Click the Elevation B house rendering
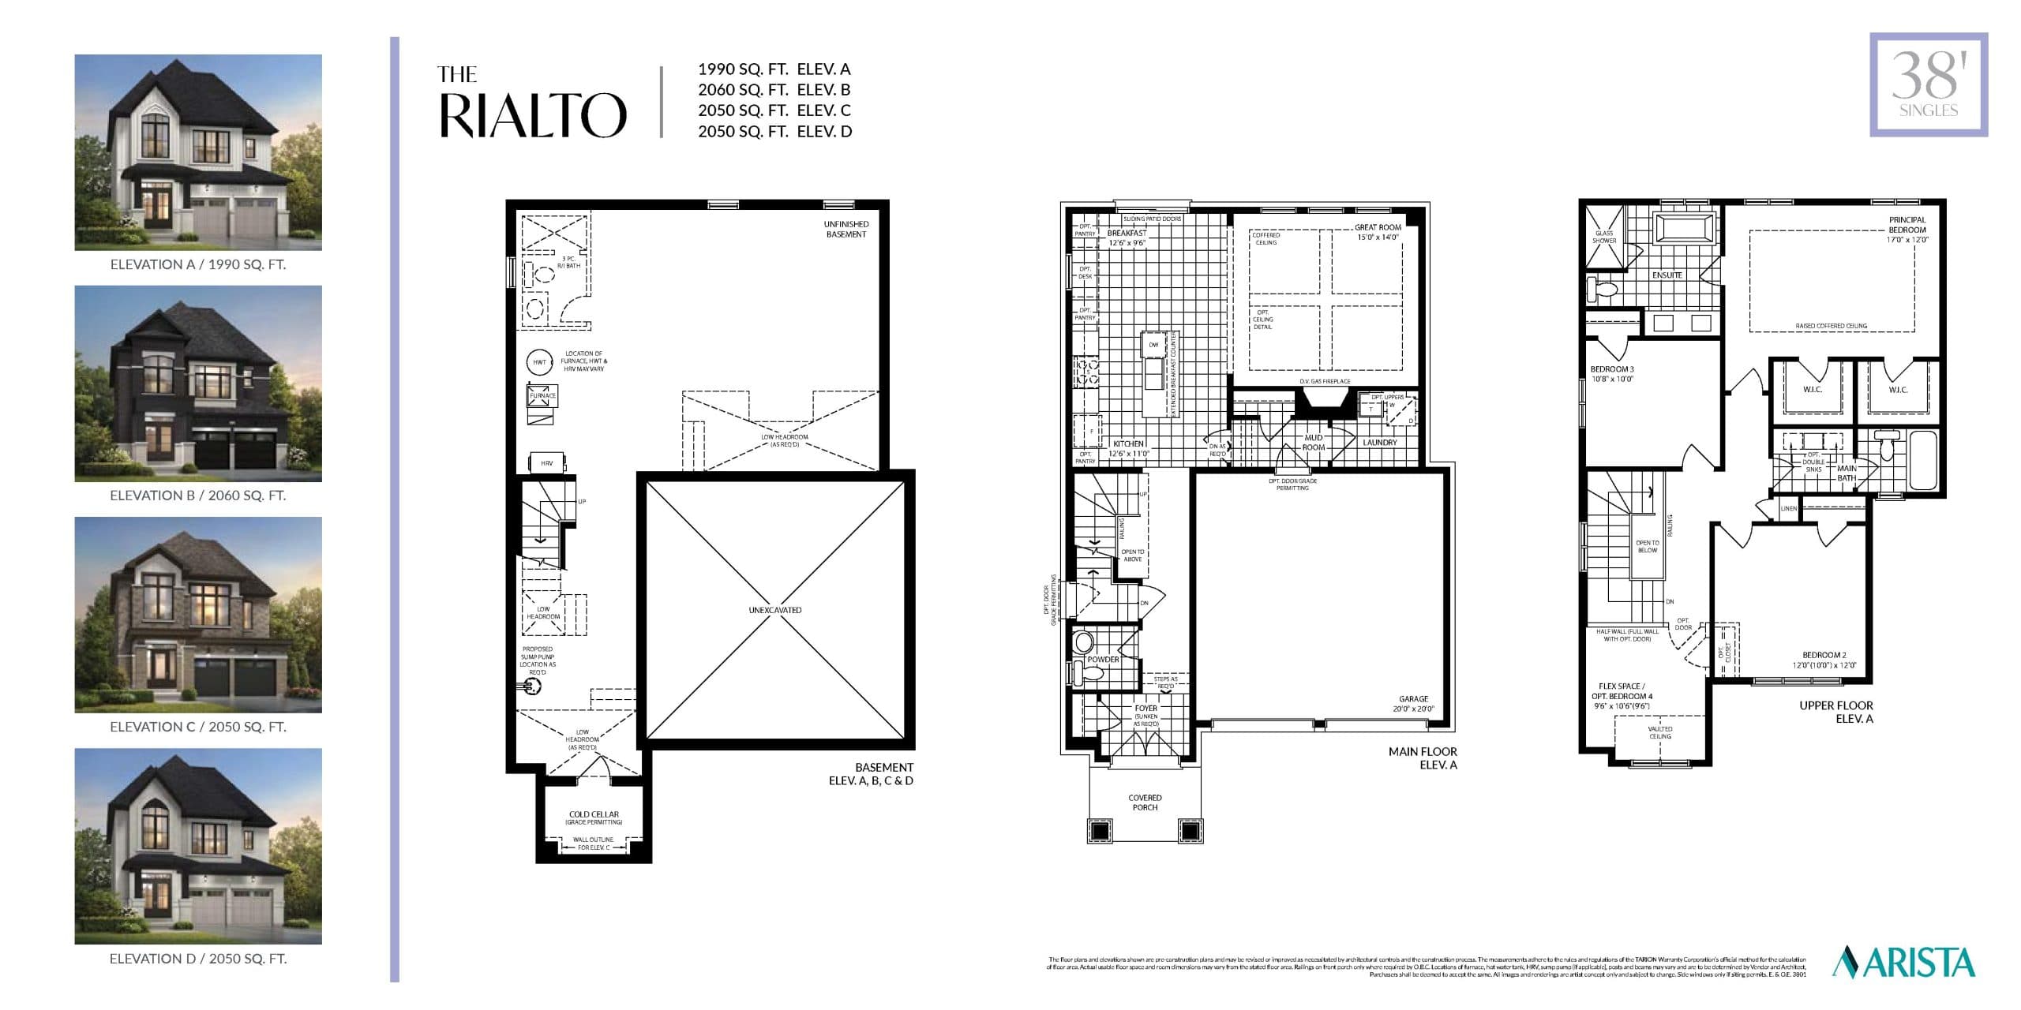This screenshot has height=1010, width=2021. tap(198, 383)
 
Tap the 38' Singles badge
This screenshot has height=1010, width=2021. tap(1928, 85)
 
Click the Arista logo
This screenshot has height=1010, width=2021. tap(1903, 963)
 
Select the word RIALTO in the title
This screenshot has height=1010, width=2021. tap(532, 116)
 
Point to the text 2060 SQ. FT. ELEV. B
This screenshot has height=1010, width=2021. tap(774, 90)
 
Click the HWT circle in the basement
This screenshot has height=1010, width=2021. tap(539, 362)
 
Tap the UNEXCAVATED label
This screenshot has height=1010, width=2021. tap(774, 610)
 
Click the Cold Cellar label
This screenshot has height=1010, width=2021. tap(594, 814)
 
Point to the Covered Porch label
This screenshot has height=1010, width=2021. tap(1145, 802)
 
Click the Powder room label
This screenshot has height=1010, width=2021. tap(1103, 660)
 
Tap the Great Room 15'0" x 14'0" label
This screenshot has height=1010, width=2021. tap(1378, 232)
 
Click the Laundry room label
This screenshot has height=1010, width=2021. tap(1379, 443)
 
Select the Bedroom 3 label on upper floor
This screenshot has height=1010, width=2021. tap(1612, 374)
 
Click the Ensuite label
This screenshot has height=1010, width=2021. tap(1667, 275)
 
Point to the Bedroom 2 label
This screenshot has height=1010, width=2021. tap(1824, 660)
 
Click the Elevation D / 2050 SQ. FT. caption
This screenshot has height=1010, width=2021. tap(198, 959)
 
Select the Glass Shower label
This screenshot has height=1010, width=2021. tap(1604, 237)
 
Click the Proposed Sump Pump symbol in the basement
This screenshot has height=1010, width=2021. tap(534, 686)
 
